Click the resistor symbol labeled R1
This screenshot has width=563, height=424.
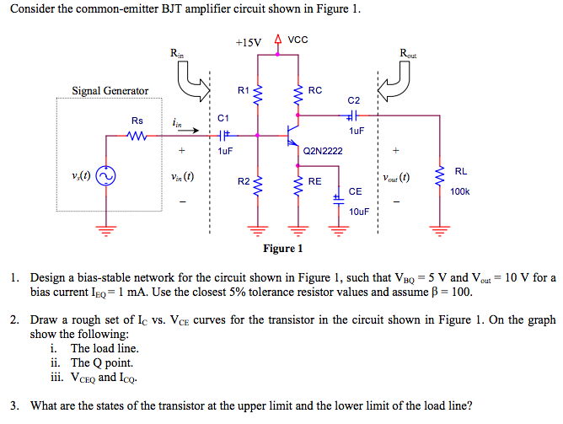tap(258, 95)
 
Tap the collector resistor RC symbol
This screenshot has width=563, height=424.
tap(297, 95)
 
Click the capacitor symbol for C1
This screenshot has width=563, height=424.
tap(223, 134)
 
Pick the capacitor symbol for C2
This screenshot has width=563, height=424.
tap(355, 115)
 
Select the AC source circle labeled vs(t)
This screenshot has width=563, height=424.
tap(105, 177)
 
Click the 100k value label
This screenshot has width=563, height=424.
tap(460, 192)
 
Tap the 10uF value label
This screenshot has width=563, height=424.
tap(359, 211)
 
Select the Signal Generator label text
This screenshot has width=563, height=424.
tap(110, 91)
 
